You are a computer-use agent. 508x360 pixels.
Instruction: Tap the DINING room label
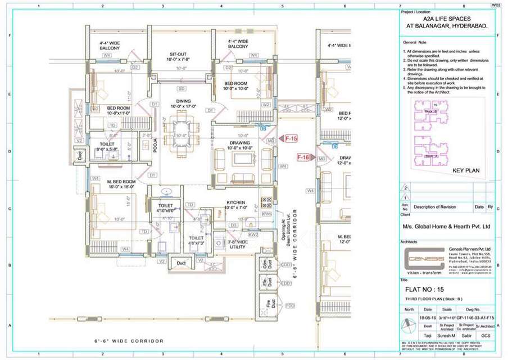pyautogui.click(x=180, y=102)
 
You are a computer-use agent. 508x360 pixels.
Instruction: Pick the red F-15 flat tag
pyautogui.click(x=291, y=138)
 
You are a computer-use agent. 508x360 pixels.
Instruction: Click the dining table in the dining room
pyautogui.click(x=180, y=127)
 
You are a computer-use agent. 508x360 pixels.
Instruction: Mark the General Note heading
pyautogui.click(x=418, y=43)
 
